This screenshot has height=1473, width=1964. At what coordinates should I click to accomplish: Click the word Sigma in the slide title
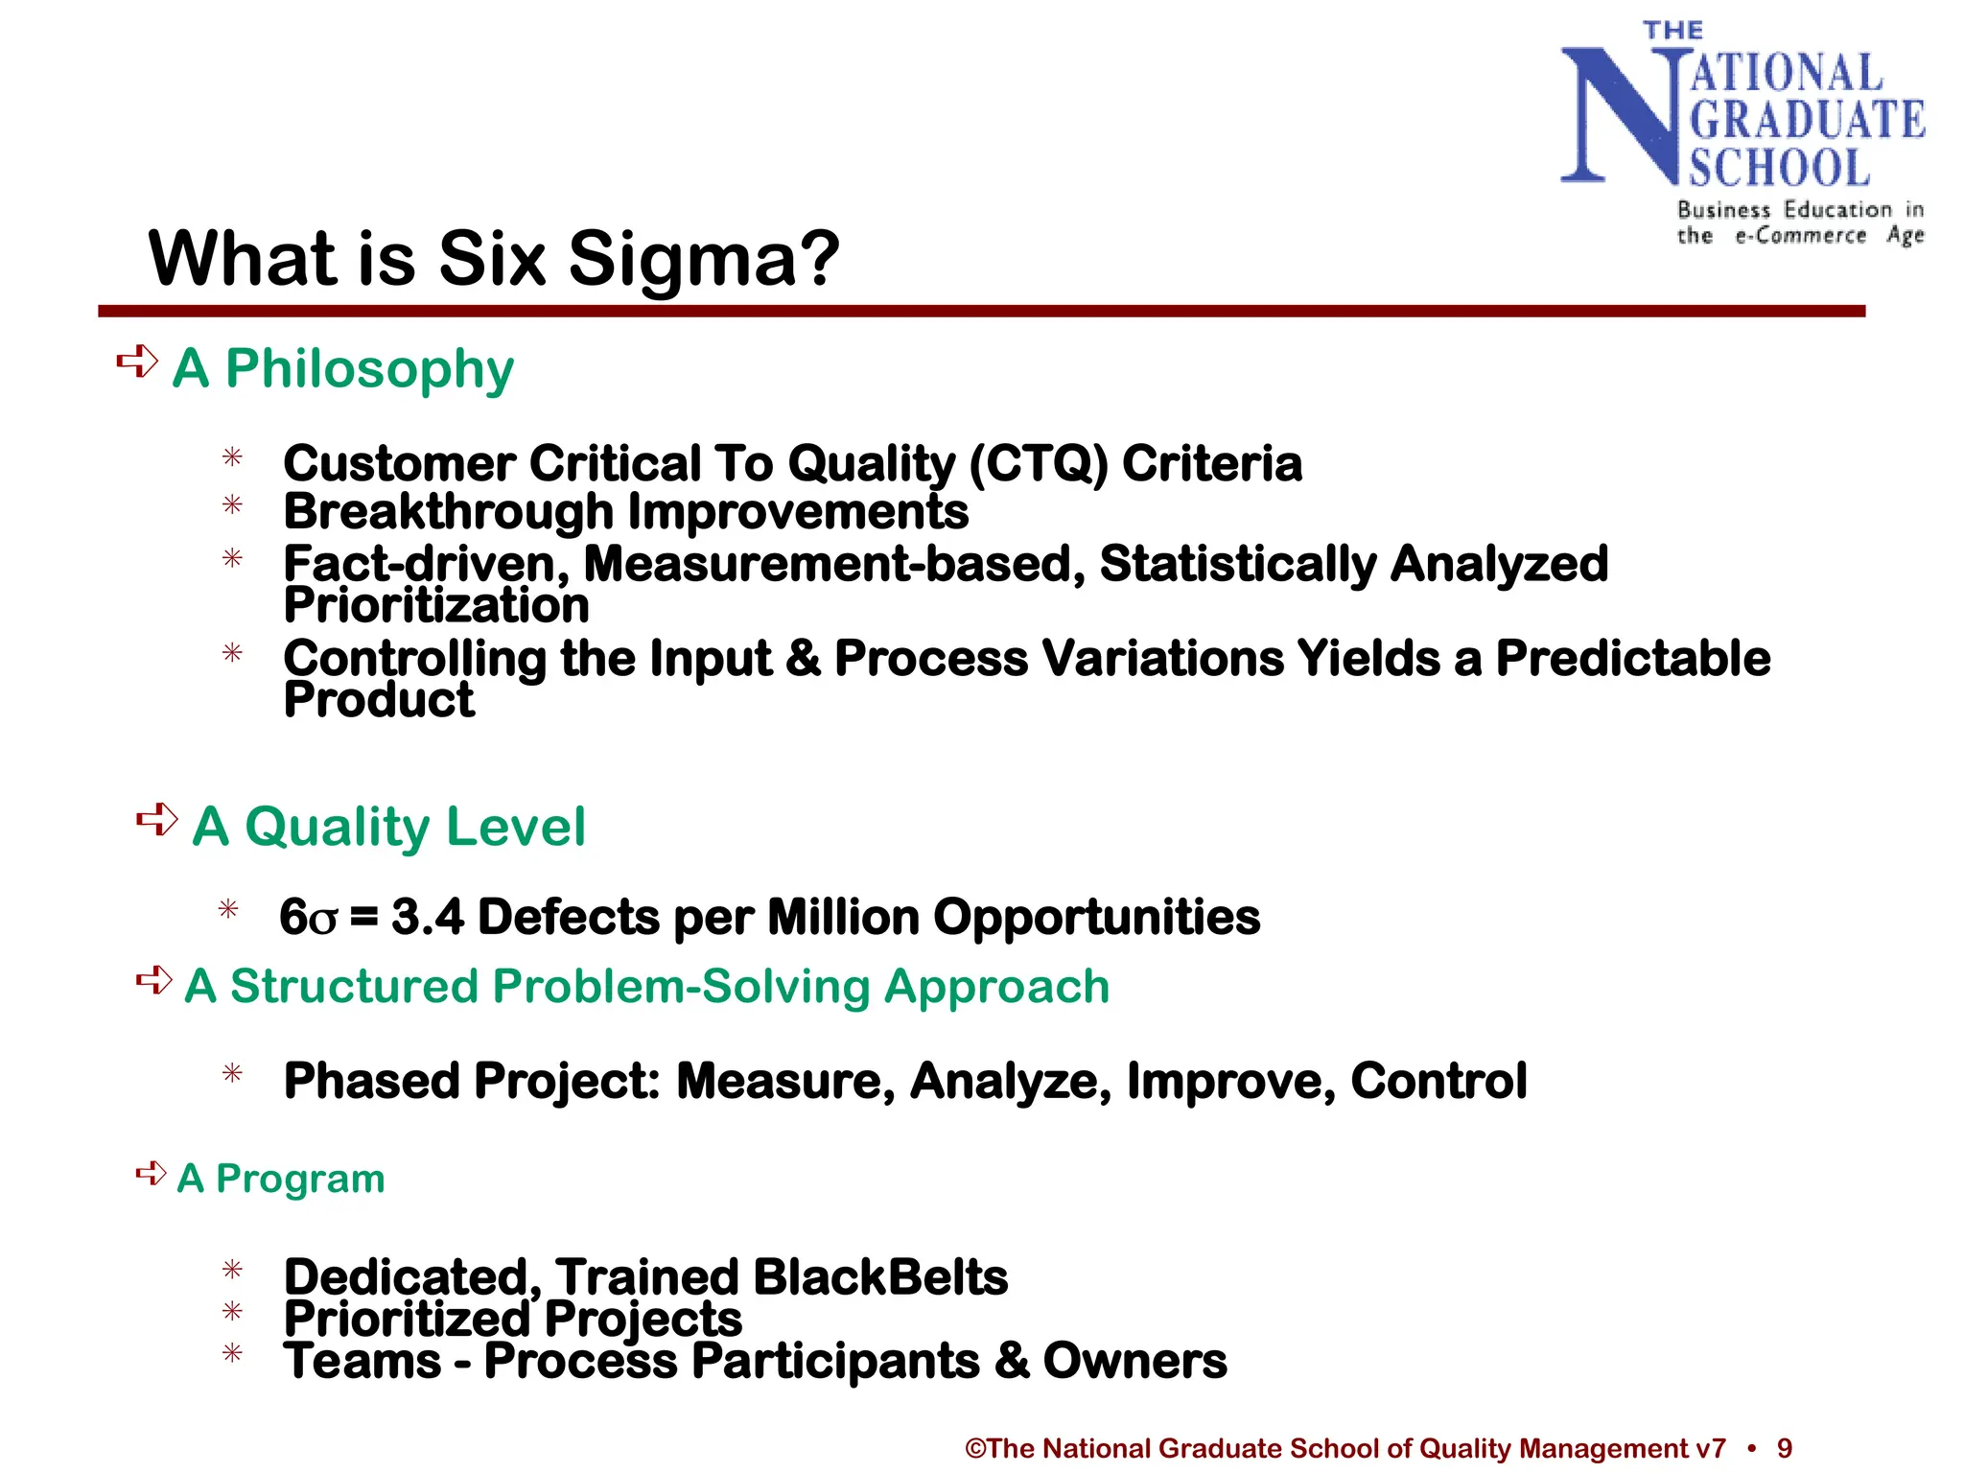(703, 260)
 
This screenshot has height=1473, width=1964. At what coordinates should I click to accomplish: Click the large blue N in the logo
(1621, 115)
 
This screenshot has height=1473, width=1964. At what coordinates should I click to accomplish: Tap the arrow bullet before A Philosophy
(137, 362)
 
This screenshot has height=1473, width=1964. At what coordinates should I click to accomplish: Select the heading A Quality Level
(387, 827)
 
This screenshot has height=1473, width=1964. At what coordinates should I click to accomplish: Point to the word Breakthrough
(448, 511)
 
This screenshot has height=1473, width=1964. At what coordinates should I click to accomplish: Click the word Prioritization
(436, 605)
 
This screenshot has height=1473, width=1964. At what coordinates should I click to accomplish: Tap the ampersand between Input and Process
(803, 659)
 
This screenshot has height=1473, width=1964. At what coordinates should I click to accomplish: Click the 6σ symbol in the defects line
(308, 918)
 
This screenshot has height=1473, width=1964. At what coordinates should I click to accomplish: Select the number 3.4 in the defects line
(428, 917)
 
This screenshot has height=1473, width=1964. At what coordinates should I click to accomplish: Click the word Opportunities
(1096, 917)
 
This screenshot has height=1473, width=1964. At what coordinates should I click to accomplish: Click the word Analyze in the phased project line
(1010, 1081)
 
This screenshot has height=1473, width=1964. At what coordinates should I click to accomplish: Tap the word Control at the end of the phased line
(1438, 1081)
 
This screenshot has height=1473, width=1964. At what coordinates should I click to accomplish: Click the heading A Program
(281, 1179)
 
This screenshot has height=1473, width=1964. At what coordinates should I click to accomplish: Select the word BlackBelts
(879, 1277)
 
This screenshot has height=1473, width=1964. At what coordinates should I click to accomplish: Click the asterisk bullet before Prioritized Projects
(232, 1311)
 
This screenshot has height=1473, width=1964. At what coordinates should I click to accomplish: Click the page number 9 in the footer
(1784, 1448)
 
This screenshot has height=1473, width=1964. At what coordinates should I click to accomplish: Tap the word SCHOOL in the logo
(1780, 168)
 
